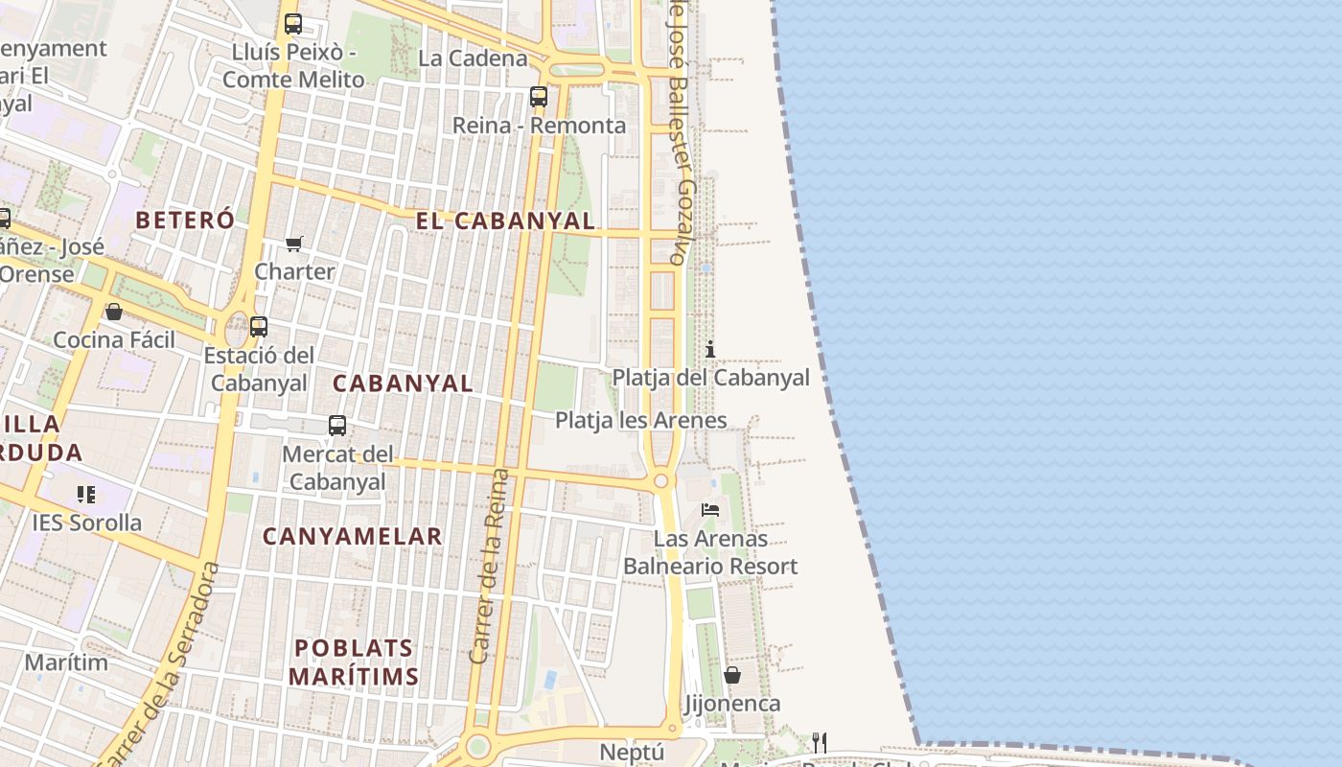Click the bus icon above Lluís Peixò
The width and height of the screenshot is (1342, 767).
(x=293, y=24)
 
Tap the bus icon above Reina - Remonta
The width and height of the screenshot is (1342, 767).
(x=539, y=96)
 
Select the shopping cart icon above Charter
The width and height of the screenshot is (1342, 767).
(x=294, y=244)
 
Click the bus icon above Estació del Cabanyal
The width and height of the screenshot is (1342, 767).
(x=259, y=326)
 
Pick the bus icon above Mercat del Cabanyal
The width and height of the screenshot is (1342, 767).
(x=337, y=425)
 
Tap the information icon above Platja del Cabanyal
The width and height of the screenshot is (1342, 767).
(x=710, y=349)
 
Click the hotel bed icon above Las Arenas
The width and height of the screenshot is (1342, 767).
(x=710, y=509)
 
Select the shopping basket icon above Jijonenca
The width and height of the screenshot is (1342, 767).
(x=732, y=675)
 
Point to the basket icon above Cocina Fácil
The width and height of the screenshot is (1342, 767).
(x=114, y=312)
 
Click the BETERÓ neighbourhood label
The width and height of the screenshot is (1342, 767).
(x=185, y=220)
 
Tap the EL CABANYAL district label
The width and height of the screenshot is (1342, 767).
(x=505, y=221)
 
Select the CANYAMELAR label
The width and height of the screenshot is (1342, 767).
(x=353, y=536)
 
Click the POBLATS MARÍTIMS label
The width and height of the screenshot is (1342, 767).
(x=354, y=662)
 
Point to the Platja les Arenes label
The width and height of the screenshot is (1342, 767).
(x=640, y=420)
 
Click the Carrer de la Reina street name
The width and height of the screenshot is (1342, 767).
(x=489, y=566)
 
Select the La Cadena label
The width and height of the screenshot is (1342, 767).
(x=473, y=58)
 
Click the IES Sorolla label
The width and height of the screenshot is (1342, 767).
(x=87, y=523)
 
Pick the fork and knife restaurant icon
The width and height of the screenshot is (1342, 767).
(x=819, y=742)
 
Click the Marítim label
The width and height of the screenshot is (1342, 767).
(x=66, y=662)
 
